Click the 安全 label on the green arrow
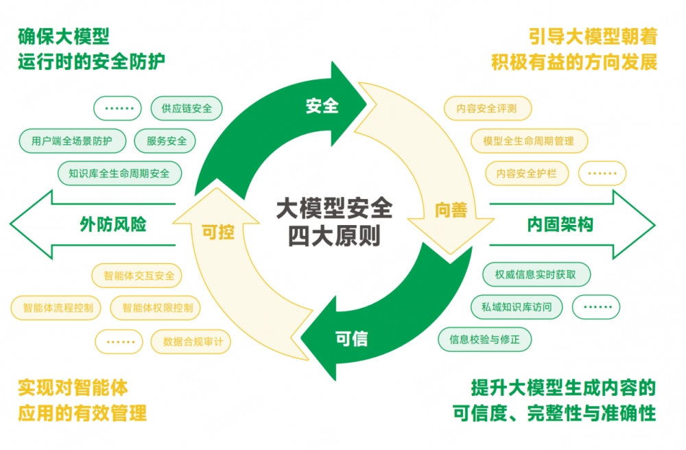[322, 106]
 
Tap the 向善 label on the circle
[451, 210]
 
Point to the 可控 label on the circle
[217, 232]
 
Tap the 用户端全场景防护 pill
[73, 141]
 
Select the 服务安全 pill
[166, 141]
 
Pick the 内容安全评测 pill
[488, 108]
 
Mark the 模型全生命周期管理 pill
[528, 141]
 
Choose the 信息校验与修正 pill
[485, 339]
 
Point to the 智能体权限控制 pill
[157, 308]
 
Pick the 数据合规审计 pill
[192, 341]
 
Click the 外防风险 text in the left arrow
[113, 224]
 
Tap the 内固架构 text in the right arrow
[560, 224]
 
